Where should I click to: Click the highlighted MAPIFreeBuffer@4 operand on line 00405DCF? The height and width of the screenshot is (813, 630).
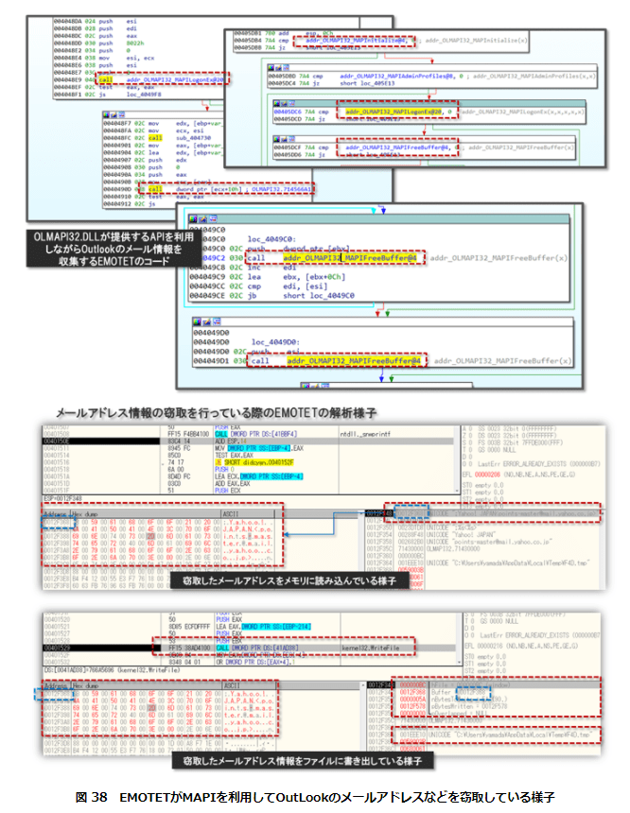pyautogui.click(x=398, y=147)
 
